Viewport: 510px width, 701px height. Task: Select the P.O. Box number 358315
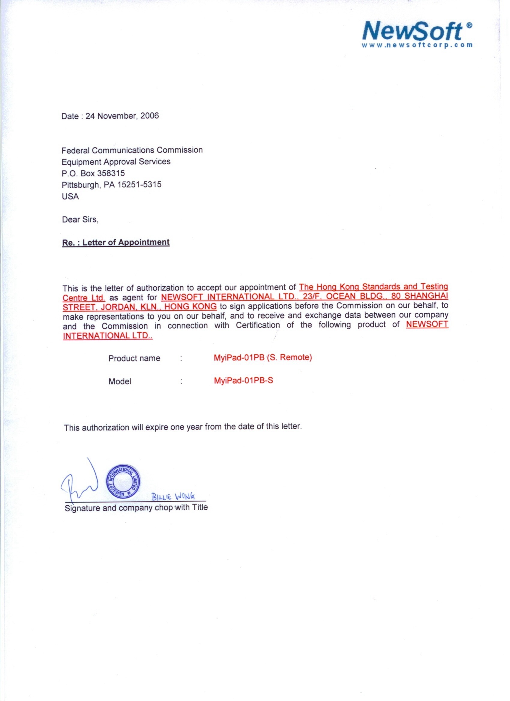tap(111, 173)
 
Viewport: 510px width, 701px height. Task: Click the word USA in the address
tap(70, 197)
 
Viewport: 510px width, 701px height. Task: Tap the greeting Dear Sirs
tap(80, 220)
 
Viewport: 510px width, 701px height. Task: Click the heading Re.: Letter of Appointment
tap(116, 243)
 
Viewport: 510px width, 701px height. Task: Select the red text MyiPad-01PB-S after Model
tap(243, 380)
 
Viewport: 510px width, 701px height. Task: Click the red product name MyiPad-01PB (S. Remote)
tap(262, 358)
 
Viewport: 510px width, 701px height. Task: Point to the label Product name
tap(134, 359)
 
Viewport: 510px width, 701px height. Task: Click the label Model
tap(120, 382)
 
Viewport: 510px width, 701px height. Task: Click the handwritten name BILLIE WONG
tap(173, 497)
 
